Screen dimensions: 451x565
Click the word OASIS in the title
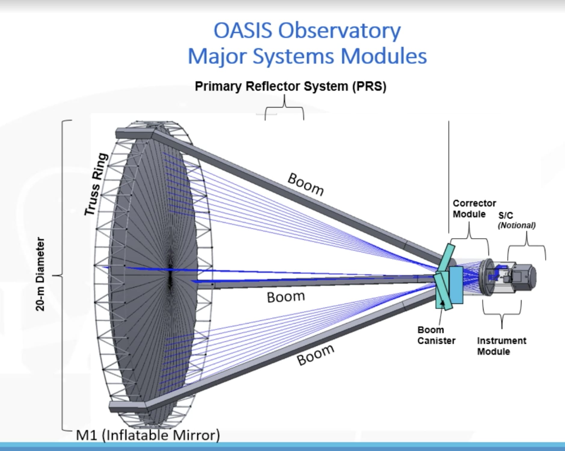click(242, 31)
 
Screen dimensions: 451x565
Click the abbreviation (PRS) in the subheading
click(369, 86)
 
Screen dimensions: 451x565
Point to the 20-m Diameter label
click(40, 274)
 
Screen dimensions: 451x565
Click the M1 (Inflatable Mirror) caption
click(147, 435)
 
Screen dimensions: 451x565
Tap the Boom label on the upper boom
click(306, 184)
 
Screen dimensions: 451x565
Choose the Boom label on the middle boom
click(286, 297)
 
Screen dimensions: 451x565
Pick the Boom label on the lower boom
click(315, 355)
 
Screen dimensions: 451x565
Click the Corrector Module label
click(474, 209)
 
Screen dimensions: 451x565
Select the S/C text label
click(505, 215)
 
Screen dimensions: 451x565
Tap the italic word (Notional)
click(516, 225)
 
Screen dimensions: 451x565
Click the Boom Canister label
click(436, 335)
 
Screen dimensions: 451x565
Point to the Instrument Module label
click(501, 346)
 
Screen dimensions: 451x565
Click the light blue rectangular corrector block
click(456, 284)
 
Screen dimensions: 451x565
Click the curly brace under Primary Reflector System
click(284, 108)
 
